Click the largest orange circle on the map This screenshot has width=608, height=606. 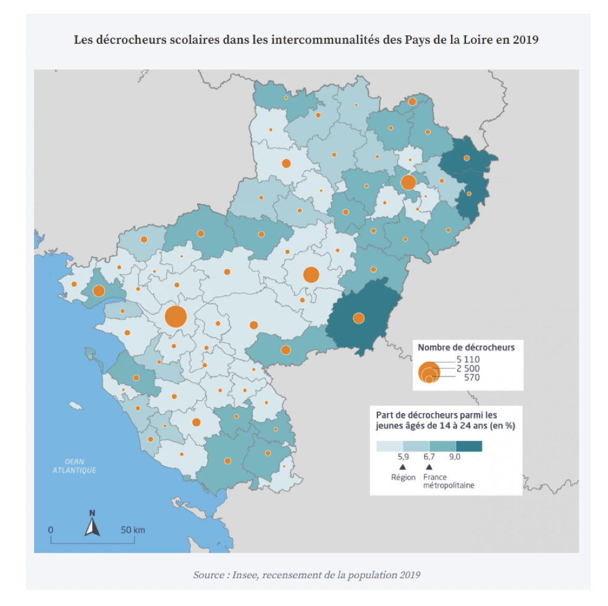pos(175,317)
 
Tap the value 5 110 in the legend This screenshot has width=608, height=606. pos(468,359)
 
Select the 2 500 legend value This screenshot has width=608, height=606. pos(468,369)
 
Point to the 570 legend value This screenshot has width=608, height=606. pos(471,378)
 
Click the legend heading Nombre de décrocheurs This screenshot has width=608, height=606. pos(466,348)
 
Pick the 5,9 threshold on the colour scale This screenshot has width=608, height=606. pos(402,457)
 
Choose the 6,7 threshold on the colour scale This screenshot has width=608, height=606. pos(429,457)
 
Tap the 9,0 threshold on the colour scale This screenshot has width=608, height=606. pos(455,457)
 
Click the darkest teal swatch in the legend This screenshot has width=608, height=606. pos(468,446)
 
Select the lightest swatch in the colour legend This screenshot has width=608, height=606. pos(389,446)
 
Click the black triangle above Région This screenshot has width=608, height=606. pos(402,467)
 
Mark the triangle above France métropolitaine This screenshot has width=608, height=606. pos(429,467)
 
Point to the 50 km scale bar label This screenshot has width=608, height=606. pos(132,530)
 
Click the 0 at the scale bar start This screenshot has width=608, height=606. pos(51,530)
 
